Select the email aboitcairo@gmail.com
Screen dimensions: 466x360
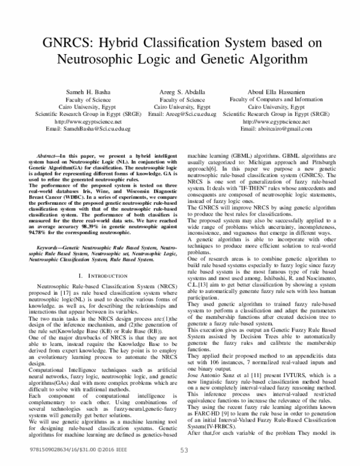coord(280,129)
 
